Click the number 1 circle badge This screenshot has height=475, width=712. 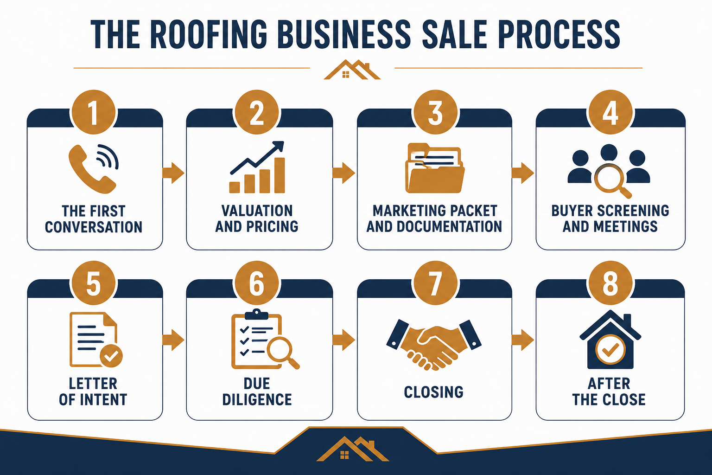tap(94, 112)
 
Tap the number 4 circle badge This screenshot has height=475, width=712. tap(610, 112)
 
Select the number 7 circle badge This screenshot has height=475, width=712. tap(435, 283)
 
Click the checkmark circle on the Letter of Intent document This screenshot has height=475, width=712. tap(111, 356)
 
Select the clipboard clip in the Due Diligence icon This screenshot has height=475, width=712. tap(256, 315)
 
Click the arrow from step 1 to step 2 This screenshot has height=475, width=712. tap(173, 173)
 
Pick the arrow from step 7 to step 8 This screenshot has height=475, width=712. tap(522, 340)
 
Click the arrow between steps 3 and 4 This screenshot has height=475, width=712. tap(522, 173)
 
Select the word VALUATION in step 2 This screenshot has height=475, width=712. tap(257, 211)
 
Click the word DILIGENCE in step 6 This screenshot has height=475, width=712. tap(257, 399)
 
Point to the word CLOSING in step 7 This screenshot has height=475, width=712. tap(434, 392)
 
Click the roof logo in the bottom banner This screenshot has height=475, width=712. tap(353, 449)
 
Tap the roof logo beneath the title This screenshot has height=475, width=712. tap(352, 70)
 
